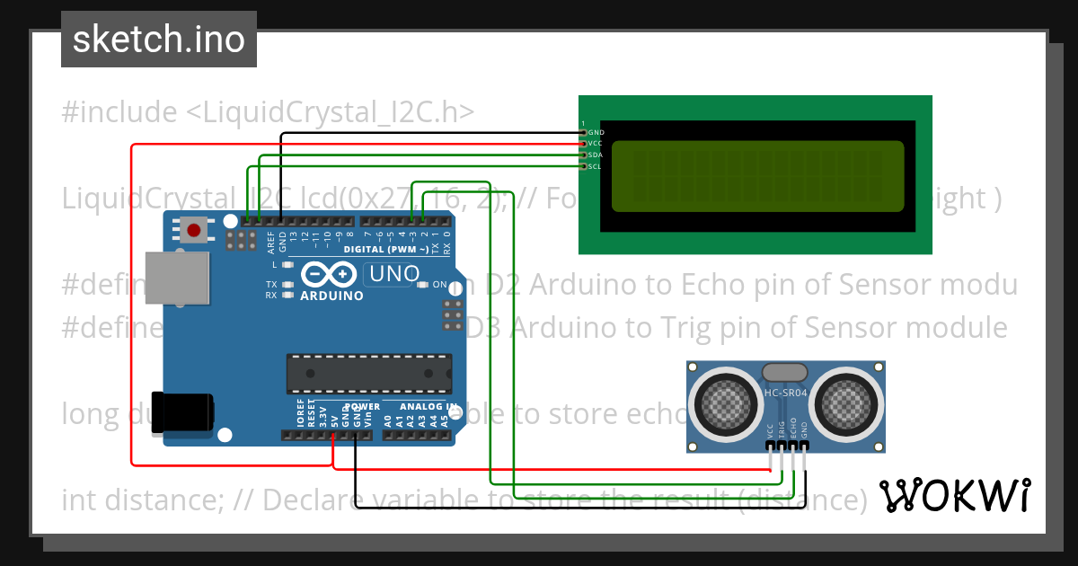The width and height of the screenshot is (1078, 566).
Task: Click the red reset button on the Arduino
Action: tap(193, 230)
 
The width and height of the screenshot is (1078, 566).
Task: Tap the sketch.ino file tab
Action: tap(159, 40)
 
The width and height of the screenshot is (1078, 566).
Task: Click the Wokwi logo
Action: tap(954, 496)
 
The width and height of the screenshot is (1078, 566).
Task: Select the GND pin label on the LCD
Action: tap(596, 132)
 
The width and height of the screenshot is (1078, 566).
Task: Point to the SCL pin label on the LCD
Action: tap(595, 166)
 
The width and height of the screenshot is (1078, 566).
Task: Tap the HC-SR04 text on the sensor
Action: tap(785, 393)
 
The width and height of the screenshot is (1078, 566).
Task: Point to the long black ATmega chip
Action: tap(368, 374)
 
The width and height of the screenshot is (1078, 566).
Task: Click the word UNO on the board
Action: tap(393, 273)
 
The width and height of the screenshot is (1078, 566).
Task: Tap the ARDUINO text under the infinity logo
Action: tap(331, 296)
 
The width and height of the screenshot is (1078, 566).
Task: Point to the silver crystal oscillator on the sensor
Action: tap(785, 372)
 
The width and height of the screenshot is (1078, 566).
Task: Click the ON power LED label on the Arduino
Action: tap(440, 285)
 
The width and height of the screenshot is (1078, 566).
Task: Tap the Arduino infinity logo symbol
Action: tap(331, 273)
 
